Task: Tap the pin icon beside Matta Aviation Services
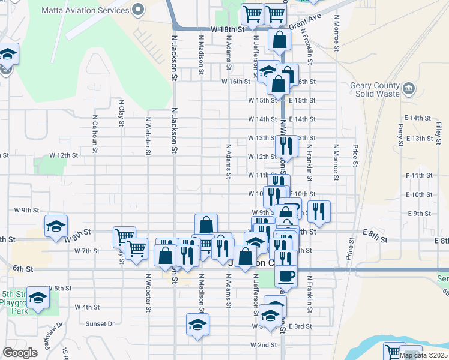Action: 139,10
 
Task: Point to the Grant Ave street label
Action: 306,27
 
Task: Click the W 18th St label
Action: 228,29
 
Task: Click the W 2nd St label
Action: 264,346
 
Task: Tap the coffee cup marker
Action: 286,276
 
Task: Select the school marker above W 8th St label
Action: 56,225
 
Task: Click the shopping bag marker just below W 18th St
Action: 280,40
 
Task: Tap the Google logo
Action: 20,353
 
